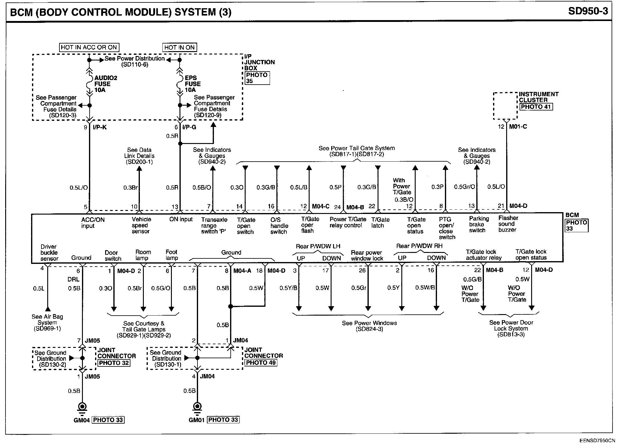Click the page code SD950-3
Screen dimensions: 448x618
tap(588, 12)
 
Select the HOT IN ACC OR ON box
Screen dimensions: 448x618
tap(89, 47)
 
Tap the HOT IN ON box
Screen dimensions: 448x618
tap(179, 47)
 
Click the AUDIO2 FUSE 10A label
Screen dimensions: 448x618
tap(105, 84)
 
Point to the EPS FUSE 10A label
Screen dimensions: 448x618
tap(193, 84)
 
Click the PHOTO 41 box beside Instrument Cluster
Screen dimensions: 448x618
tap(536, 107)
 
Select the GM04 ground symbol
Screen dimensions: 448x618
tap(82, 407)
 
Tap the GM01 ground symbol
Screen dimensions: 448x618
tap(197, 407)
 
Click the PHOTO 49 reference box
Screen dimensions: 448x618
tap(261, 362)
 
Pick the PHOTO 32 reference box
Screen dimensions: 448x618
tap(114, 363)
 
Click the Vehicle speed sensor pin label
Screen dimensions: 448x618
tap(141, 225)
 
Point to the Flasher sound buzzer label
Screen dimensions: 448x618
tap(508, 224)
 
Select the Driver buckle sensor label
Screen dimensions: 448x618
tap(49, 253)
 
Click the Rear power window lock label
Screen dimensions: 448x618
tap(367, 255)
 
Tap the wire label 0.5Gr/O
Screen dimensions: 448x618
tap(464, 187)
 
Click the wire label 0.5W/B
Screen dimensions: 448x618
tap(425, 288)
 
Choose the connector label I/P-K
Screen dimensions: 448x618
tap(100, 127)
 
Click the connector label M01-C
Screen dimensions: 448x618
tap(518, 126)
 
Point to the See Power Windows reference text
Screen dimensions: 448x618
tap(369, 326)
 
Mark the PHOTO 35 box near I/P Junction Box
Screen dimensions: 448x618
tap(257, 78)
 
